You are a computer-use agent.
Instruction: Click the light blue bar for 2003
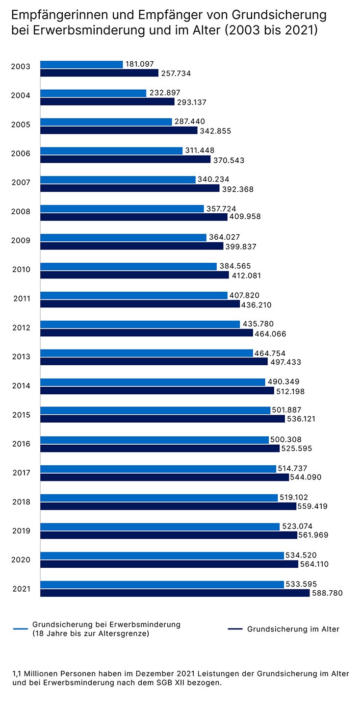click(x=81, y=65)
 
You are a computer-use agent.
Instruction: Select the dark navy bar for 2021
click(x=175, y=593)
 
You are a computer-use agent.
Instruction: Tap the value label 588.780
click(x=327, y=593)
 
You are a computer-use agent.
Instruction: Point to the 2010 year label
click(x=21, y=270)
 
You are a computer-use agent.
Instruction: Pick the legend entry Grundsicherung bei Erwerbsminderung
click(x=106, y=629)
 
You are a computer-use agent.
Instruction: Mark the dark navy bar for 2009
click(x=131, y=246)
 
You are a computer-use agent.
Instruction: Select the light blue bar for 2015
click(x=155, y=410)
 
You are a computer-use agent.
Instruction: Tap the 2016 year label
click(x=21, y=444)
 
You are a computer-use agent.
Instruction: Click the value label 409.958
click(x=246, y=217)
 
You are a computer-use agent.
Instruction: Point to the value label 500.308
click(x=287, y=440)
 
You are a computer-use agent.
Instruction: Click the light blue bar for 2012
click(x=140, y=324)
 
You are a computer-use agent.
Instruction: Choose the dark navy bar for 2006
click(x=125, y=159)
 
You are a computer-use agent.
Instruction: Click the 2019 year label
click(x=21, y=530)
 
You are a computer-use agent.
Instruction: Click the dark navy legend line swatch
click(x=235, y=629)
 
